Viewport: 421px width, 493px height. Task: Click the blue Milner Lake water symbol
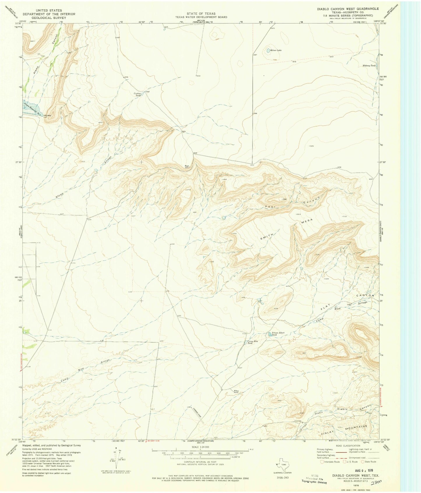[268, 50]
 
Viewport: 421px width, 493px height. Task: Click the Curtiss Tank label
[138, 94]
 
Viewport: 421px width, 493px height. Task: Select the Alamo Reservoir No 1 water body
[31, 108]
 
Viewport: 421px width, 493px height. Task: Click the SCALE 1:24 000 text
[200, 447]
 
